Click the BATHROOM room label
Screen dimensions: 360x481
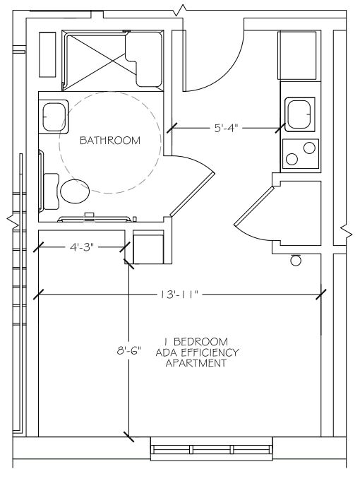click(110, 141)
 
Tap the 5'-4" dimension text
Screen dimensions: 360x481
click(226, 128)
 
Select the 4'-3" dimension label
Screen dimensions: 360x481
click(81, 247)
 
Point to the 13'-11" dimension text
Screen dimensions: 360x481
click(179, 295)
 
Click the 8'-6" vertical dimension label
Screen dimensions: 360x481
click(129, 350)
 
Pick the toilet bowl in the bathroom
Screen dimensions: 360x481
click(75, 191)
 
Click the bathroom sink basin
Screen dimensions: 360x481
click(54, 117)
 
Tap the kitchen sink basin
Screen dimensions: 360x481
click(300, 114)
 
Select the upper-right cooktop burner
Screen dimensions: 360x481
click(309, 148)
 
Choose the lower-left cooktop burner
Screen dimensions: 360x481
click(292, 159)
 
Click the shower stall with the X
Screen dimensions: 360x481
click(94, 61)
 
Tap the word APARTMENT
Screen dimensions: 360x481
click(196, 363)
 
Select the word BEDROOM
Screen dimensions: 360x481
click(201, 341)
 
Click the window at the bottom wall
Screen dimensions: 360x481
click(212, 449)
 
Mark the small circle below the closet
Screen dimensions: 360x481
click(296, 261)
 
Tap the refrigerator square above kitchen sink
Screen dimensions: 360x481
click(297, 55)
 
